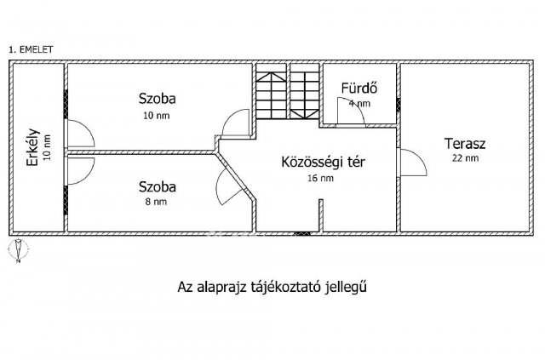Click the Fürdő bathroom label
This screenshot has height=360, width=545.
(359, 88)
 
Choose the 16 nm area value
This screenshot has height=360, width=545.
(319, 178)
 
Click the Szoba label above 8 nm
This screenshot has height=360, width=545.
(158, 186)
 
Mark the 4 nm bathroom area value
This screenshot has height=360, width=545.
(361, 103)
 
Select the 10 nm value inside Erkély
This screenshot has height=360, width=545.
(47, 150)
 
